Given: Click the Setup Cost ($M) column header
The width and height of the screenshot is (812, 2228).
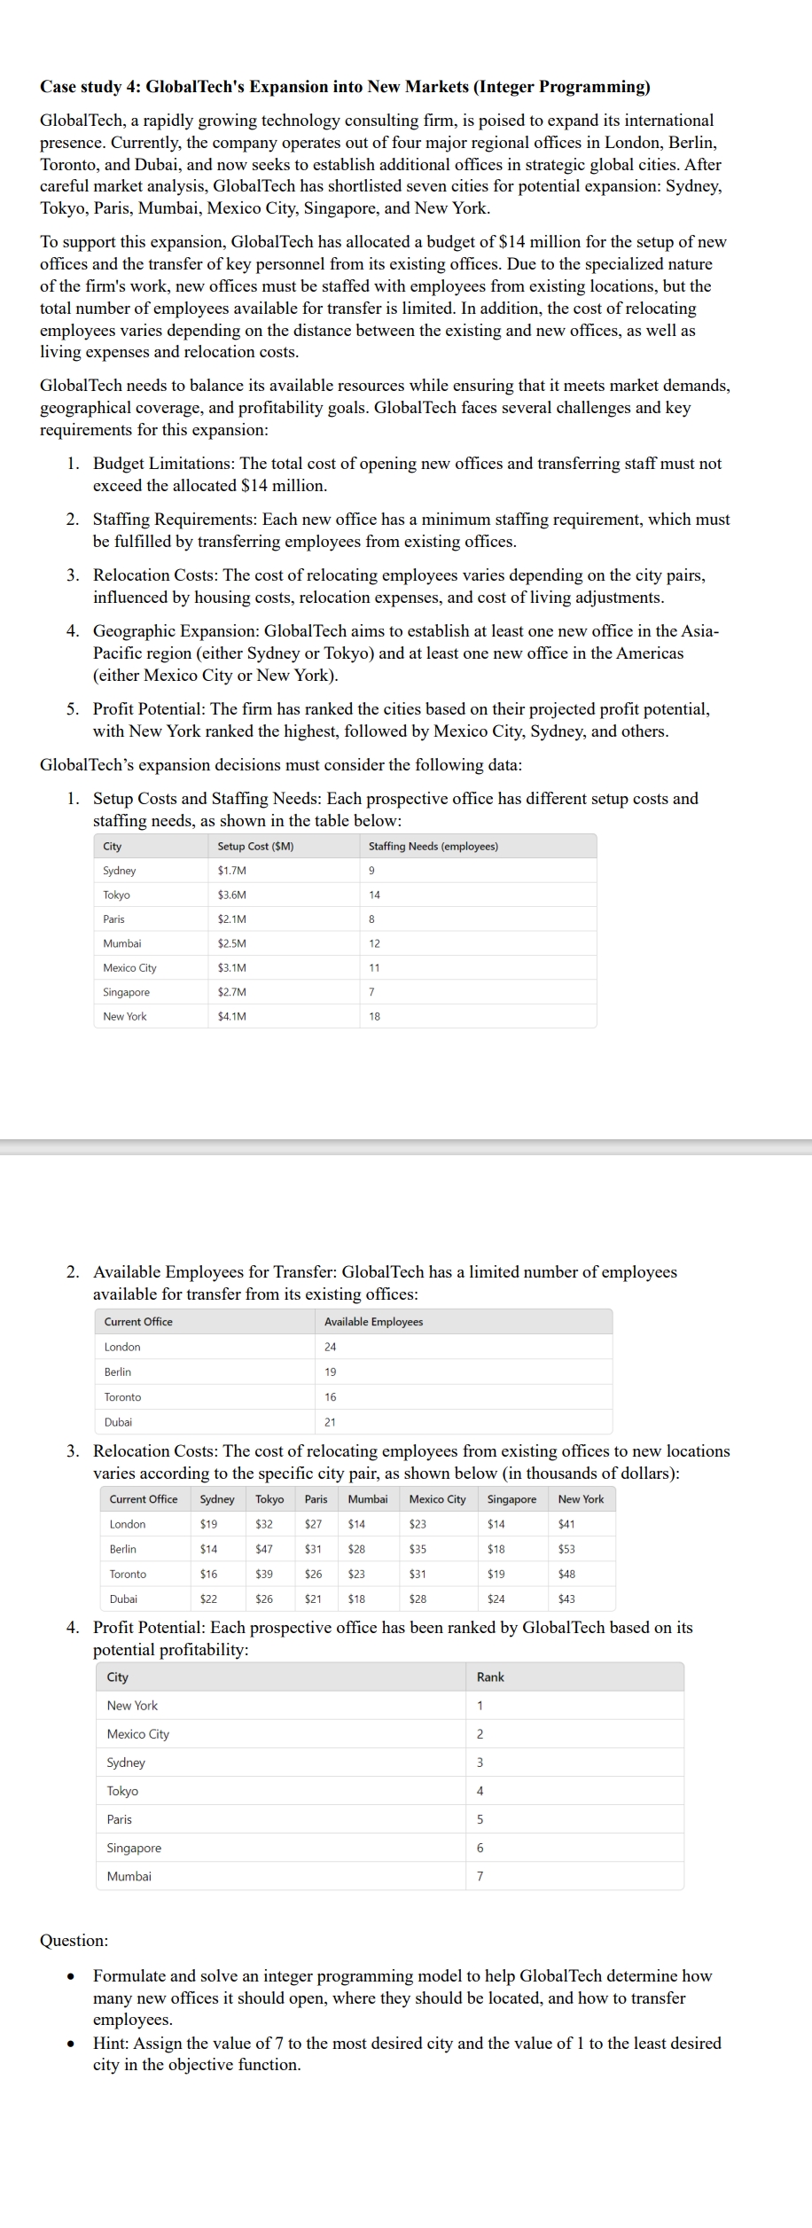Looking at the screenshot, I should tap(255, 846).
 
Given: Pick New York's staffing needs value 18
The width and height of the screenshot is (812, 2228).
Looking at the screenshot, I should tap(374, 1016).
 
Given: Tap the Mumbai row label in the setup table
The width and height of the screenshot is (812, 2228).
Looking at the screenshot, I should tap(122, 943).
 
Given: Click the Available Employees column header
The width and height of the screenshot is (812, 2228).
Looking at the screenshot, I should tap(373, 1322).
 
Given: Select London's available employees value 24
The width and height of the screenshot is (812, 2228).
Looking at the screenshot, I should tap(330, 1347).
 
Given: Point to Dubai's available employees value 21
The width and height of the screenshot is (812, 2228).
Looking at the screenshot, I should tap(330, 1422).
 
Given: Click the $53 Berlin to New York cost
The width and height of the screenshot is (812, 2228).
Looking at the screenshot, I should tap(566, 1549).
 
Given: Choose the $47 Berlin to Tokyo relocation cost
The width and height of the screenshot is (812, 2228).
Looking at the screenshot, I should tap(263, 1549).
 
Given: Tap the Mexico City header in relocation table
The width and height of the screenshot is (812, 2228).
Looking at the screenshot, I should tap(437, 1499).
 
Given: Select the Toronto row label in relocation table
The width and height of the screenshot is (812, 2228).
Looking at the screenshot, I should tap(128, 1574).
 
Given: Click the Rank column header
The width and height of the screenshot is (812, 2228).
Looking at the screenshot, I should tap(490, 1677).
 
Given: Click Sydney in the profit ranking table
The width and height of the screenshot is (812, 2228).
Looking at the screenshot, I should tap(126, 1762).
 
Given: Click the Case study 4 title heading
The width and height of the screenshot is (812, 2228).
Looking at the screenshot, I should tap(345, 87).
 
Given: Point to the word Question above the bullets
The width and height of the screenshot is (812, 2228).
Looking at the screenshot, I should tap(74, 1940).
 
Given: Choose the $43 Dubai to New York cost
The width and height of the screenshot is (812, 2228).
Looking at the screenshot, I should tap(566, 1599).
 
